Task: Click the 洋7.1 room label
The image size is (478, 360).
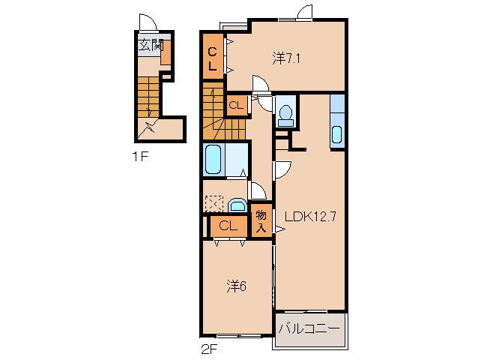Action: (286, 58)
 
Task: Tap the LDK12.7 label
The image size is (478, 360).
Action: (310, 216)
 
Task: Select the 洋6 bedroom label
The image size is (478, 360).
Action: (236, 286)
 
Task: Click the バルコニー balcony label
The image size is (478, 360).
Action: (309, 329)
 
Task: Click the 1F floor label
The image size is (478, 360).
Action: (140, 157)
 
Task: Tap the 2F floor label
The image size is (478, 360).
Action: (209, 349)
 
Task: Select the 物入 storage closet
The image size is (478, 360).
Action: (261, 220)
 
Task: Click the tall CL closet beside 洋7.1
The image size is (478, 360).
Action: (213, 56)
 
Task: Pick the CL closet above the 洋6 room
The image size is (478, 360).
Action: (229, 226)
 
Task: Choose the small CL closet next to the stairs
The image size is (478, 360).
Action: (237, 105)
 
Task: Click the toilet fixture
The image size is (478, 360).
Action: (286, 116)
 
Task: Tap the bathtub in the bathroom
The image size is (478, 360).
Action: (213, 160)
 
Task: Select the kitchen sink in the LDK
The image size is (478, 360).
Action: (336, 134)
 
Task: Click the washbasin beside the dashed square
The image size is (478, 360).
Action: (238, 205)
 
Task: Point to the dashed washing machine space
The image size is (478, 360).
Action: (214, 203)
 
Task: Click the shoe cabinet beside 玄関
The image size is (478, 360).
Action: (166, 52)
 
